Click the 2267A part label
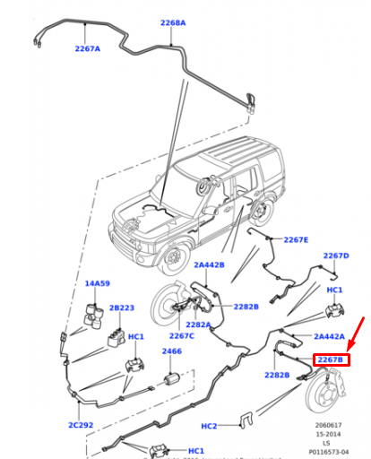pyautogui.click(x=88, y=48)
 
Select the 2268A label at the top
pyautogui.click(x=173, y=22)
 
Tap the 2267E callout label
pyautogui.click(x=296, y=240)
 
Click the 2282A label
pyautogui.click(x=198, y=325)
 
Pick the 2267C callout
pyautogui.click(x=182, y=336)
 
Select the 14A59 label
pyautogui.click(x=97, y=283)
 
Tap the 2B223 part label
pyautogui.click(x=122, y=307)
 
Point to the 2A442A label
pyautogui.click(x=330, y=336)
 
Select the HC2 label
pyautogui.click(x=209, y=425)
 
